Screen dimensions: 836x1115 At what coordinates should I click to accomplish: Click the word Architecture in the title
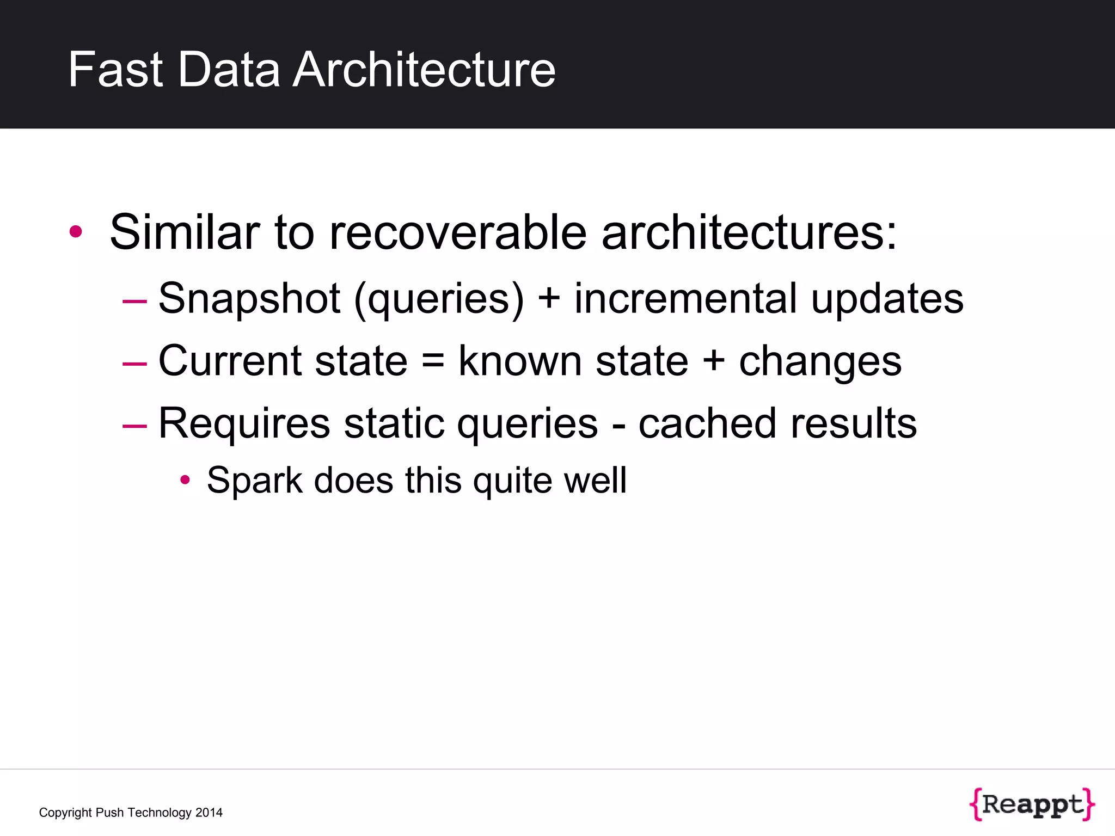pos(424,70)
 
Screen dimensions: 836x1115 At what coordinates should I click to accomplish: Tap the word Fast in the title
pos(115,70)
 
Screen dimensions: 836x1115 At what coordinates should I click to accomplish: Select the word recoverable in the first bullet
pos(458,232)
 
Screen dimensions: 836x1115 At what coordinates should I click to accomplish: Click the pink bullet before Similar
pos(76,232)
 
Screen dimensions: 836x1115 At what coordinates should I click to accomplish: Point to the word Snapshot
pos(249,298)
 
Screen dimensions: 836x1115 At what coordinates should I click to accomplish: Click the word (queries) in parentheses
pos(439,299)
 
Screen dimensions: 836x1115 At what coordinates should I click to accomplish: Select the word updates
pos(887,299)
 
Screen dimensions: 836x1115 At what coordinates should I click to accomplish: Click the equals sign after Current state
pos(433,361)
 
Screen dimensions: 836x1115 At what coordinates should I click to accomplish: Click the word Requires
pos(244,424)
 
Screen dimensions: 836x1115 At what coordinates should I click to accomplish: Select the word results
pos(854,424)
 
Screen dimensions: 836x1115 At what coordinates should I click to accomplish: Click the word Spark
pos(254,481)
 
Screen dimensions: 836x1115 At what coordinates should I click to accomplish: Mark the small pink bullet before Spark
pos(185,480)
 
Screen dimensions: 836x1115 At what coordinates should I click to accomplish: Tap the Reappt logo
pos(1032,804)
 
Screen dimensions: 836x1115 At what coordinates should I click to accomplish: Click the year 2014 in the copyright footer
pos(209,813)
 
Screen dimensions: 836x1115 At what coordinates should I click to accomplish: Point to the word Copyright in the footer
pos(65,813)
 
